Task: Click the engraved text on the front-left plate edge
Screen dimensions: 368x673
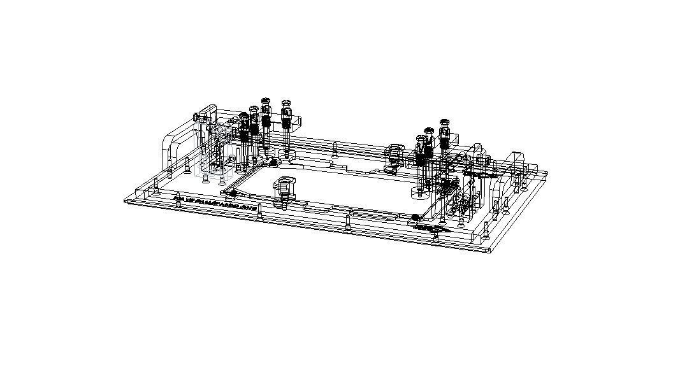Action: [x=215, y=203]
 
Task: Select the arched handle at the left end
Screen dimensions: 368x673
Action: [x=171, y=148]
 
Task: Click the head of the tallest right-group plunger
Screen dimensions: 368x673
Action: [x=445, y=122]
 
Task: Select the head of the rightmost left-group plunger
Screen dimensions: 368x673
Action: [x=286, y=103]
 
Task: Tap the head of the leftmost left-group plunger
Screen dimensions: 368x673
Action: [x=243, y=117]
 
